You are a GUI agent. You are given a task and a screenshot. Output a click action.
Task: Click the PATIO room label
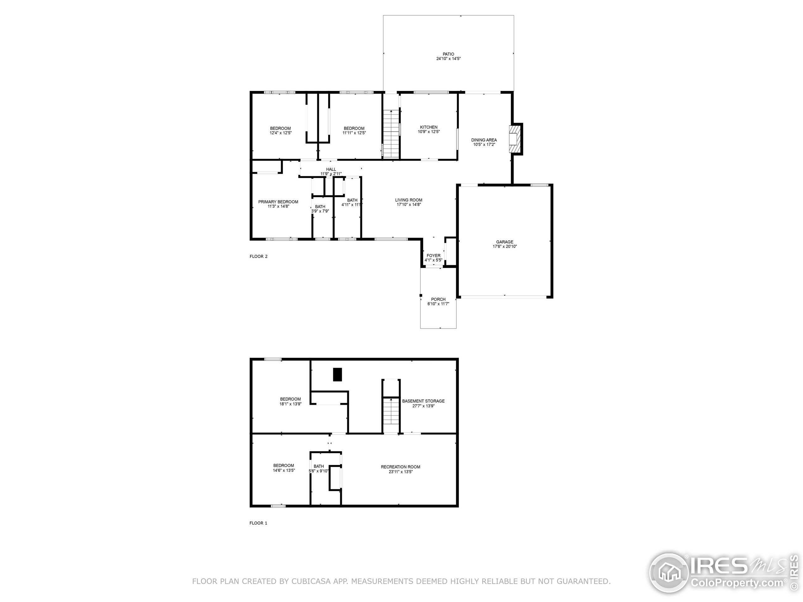(448, 54)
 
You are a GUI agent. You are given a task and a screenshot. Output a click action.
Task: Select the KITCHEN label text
(429, 127)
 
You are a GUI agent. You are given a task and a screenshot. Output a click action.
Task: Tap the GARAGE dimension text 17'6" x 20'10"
(505, 247)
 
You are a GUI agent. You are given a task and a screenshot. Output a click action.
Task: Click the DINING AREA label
(484, 140)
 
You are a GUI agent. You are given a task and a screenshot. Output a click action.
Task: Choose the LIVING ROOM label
(408, 200)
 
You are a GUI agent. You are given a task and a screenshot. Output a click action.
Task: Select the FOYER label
(433, 256)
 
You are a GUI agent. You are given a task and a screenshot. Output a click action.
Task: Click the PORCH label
(438, 299)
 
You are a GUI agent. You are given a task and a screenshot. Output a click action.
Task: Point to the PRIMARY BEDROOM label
(278, 202)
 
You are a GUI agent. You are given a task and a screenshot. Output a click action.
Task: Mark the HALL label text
(331, 169)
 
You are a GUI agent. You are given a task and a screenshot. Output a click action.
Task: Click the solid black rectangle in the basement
(337, 374)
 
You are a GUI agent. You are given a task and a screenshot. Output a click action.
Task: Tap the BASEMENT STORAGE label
(423, 401)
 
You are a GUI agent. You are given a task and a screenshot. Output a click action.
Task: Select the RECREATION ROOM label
(401, 467)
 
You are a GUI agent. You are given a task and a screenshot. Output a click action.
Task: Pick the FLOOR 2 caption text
(258, 256)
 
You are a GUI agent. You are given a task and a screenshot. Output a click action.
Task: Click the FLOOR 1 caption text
(258, 523)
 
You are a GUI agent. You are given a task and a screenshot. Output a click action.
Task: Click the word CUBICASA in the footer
(311, 581)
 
